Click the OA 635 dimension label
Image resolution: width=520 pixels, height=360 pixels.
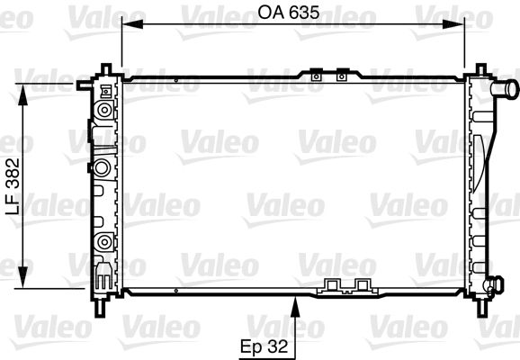292,13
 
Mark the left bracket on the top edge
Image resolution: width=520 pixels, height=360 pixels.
316,78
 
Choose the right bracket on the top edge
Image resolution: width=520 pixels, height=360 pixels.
341,78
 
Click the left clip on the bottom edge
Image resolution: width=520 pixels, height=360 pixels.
330,287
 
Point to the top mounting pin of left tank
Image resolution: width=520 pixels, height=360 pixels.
106,69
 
